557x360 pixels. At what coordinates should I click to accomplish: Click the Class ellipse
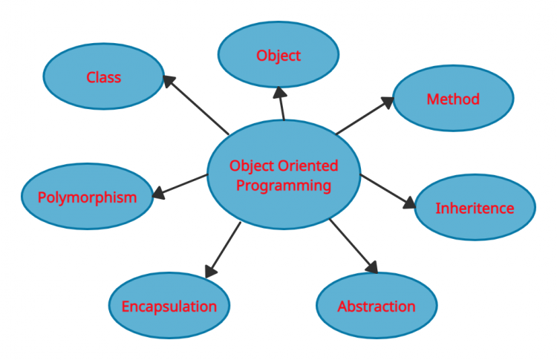coord(103,77)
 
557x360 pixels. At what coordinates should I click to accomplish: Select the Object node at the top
coord(278,55)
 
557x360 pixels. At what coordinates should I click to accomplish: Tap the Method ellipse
coord(452,99)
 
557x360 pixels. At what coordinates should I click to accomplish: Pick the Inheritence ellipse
coord(475,208)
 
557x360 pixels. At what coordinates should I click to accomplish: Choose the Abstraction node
coord(377,306)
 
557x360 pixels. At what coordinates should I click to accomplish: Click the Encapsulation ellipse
coord(169,306)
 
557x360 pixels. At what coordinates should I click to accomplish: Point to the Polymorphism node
coord(87,197)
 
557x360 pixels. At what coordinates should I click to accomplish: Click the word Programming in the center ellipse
coord(283,185)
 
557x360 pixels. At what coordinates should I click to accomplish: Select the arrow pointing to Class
coord(197,105)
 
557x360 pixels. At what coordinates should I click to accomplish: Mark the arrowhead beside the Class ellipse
coord(169,81)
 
